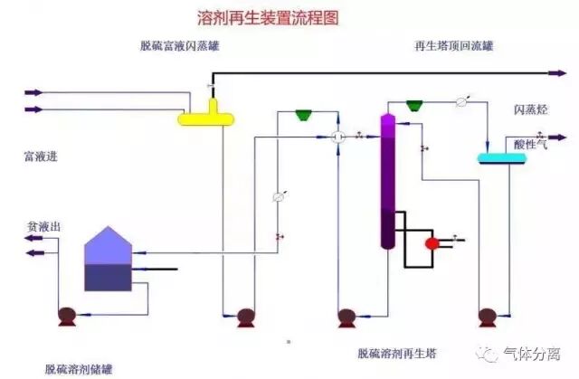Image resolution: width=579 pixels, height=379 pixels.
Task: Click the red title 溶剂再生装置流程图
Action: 268,17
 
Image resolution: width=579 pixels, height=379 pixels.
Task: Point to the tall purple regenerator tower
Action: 387,181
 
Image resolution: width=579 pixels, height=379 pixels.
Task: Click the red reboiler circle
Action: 432,242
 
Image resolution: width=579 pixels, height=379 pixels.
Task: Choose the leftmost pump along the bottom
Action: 66,317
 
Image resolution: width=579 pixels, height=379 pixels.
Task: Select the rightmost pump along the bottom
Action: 488,317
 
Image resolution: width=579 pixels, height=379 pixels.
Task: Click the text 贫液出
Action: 42,226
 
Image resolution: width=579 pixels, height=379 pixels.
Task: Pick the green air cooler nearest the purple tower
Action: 416,105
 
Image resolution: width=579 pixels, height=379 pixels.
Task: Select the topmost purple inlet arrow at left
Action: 33,91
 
